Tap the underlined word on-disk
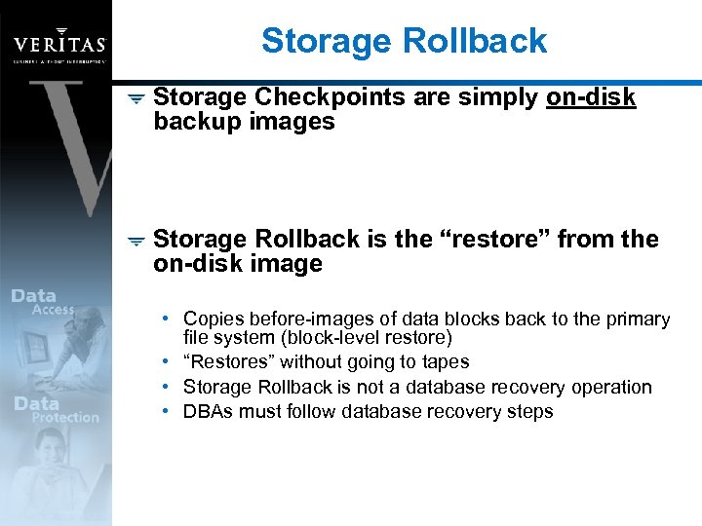(x=591, y=97)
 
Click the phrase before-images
(x=319, y=319)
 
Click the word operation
(x=609, y=387)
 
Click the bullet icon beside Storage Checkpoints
(x=136, y=98)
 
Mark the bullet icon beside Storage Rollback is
(x=136, y=241)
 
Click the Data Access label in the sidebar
(x=44, y=302)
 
